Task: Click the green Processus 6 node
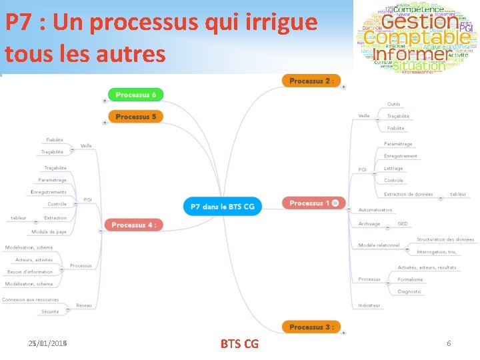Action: click(135, 95)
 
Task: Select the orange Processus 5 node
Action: click(135, 117)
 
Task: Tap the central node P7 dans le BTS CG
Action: click(223, 207)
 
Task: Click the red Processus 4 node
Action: click(133, 225)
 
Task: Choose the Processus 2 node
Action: click(311, 81)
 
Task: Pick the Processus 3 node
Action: click(311, 327)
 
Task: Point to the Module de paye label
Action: click(49, 232)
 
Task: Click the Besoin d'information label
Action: click(30, 272)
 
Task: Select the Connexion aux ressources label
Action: click(31, 300)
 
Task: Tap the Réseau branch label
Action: click(84, 305)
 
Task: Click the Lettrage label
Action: click(393, 169)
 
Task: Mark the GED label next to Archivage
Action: click(403, 224)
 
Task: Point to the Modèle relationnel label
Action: click(379, 245)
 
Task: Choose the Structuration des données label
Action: click(445, 239)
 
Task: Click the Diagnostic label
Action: click(409, 292)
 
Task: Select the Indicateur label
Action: click(369, 305)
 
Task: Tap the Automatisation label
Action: click(375, 211)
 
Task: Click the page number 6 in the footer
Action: click(449, 343)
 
